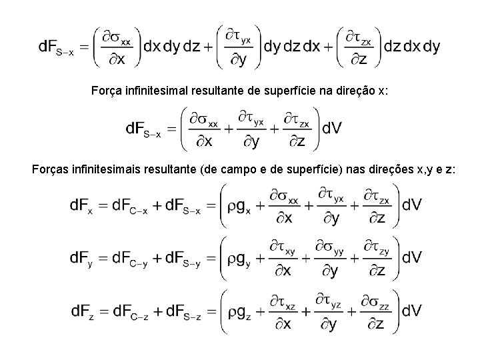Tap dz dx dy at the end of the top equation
tap(412, 47)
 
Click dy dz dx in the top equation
tap(292, 47)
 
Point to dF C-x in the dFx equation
tap(131, 206)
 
